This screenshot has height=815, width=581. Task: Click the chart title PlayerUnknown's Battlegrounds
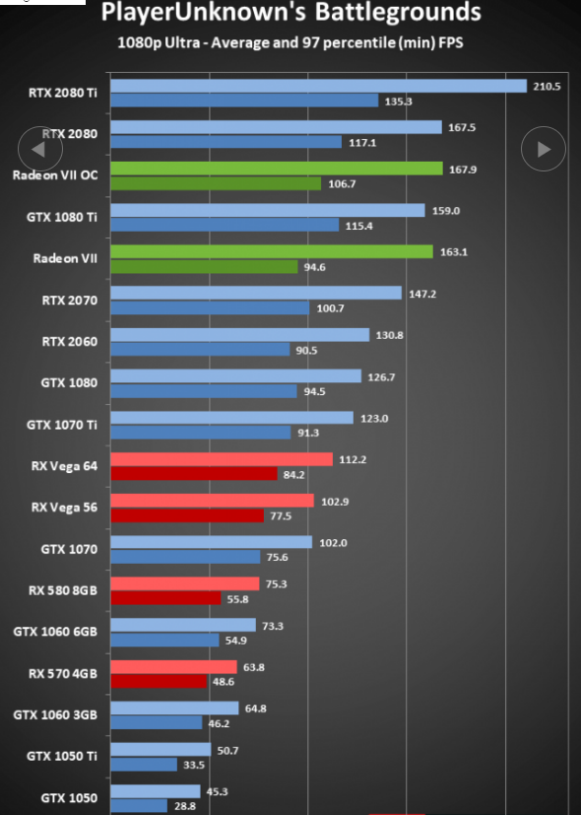click(x=290, y=12)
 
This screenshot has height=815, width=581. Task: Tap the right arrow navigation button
click(x=544, y=149)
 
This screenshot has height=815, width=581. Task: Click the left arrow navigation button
click(x=40, y=149)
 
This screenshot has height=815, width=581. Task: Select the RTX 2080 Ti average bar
click(x=319, y=86)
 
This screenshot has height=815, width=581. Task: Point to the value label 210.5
click(x=547, y=87)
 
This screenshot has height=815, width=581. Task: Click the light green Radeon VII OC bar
click(x=277, y=169)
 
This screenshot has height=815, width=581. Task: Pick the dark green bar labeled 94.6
click(x=204, y=267)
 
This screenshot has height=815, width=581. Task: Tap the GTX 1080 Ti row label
click(x=62, y=217)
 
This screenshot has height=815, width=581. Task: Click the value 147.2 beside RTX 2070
click(x=422, y=294)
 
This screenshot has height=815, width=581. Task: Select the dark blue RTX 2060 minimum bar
click(x=201, y=349)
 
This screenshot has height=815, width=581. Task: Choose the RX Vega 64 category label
click(x=64, y=466)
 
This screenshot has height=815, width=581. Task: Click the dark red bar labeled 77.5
click(x=187, y=515)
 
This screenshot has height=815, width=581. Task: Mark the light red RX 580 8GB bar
click(x=185, y=583)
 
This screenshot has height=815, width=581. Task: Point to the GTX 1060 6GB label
click(x=55, y=632)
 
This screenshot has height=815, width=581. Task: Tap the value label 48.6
click(x=224, y=681)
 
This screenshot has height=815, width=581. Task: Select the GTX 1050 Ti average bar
click(x=161, y=750)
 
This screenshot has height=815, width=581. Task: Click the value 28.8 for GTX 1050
click(x=185, y=806)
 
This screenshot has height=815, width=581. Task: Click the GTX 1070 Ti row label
click(x=62, y=425)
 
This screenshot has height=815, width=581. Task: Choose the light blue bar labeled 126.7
click(x=236, y=375)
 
